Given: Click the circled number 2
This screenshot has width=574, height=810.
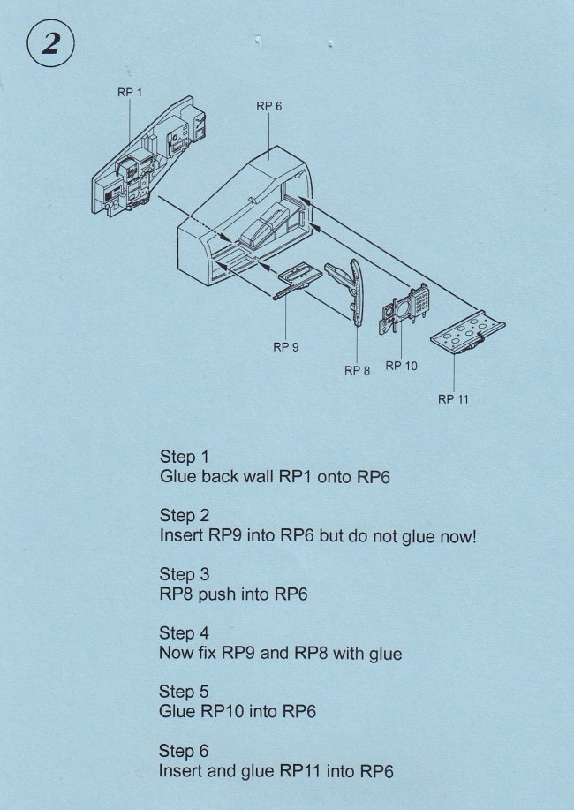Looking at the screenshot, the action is click(x=50, y=44).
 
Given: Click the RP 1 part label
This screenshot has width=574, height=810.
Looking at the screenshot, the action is click(x=130, y=93).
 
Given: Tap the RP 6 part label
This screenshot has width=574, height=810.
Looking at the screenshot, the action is click(x=269, y=106).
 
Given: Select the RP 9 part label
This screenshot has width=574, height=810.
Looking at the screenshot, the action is click(x=286, y=347).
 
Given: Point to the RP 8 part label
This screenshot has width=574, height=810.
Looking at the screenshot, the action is click(x=358, y=370).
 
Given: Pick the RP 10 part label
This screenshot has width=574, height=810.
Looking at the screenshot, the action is click(x=402, y=366).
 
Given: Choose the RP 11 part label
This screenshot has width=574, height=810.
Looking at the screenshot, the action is click(x=453, y=399).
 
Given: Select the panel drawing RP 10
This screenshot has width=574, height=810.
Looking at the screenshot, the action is click(x=406, y=308).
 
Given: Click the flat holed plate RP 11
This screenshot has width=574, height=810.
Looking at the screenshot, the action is click(x=467, y=333).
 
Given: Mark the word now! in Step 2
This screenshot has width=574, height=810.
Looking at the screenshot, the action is click(x=457, y=536).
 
